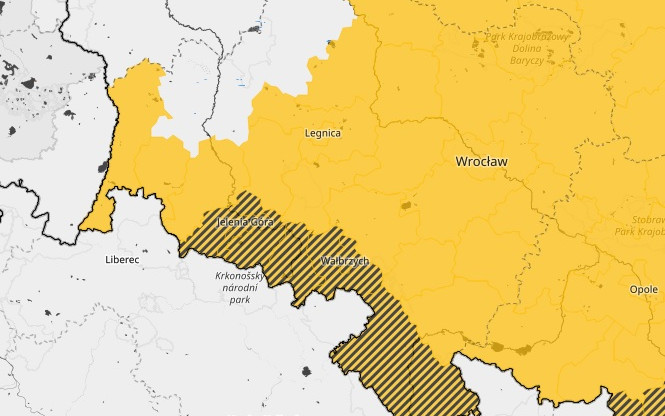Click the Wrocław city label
click(x=481, y=160)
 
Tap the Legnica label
click(x=322, y=132)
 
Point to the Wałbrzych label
click(x=345, y=260)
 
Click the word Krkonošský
click(x=240, y=275)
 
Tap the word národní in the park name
click(x=240, y=287)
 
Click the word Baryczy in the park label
click(x=526, y=61)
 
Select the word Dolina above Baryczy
click(x=526, y=49)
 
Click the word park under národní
click(x=240, y=298)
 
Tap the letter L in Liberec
click(x=108, y=258)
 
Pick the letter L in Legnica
click(x=306, y=132)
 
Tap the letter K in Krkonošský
click(x=217, y=275)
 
